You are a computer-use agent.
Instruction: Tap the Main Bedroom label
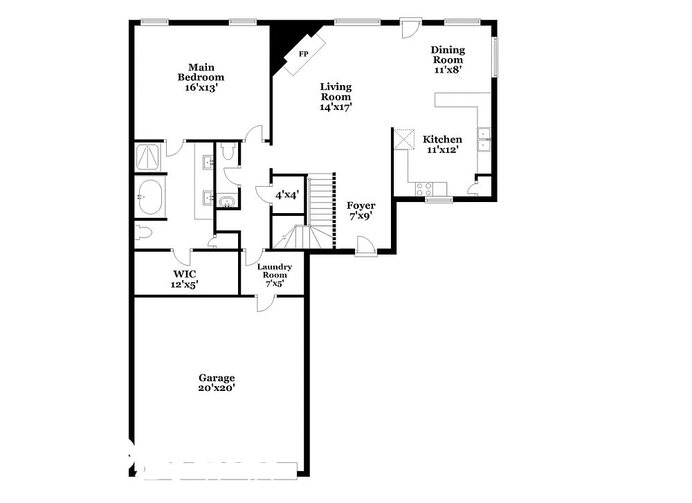click(x=201, y=77)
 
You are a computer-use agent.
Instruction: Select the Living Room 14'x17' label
click(x=336, y=97)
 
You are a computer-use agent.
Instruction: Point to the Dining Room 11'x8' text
click(x=448, y=60)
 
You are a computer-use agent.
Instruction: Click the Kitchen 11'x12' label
click(x=442, y=144)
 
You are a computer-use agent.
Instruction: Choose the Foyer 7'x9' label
click(x=361, y=210)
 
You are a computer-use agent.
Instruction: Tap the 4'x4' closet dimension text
click(x=286, y=196)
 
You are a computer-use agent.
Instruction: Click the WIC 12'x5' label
click(x=185, y=279)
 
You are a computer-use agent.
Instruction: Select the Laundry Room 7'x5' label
click(x=274, y=275)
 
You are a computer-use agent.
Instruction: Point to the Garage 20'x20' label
click(x=217, y=383)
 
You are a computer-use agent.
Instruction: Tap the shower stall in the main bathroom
click(x=148, y=157)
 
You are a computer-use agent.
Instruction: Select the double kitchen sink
click(x=484, y=140)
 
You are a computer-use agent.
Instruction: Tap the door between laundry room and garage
click(x=266, y=302)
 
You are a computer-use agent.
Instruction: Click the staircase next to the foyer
click(x=321, y=208)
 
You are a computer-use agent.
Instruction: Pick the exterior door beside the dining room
click(x=410, y=28)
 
